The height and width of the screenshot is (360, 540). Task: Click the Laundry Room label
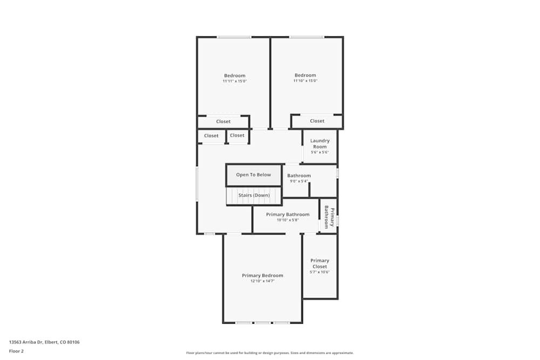[320, 144]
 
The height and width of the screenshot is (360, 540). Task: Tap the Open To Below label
[253, 175]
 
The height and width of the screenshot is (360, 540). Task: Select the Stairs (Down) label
[254, 195]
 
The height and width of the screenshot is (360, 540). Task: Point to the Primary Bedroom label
[262, 275]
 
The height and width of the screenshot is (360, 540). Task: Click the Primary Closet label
[320, 263]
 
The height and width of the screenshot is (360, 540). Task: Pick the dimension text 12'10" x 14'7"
[262, 281]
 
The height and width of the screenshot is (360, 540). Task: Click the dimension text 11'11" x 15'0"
[234, 81]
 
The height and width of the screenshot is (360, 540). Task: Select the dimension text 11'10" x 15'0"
[305, 81]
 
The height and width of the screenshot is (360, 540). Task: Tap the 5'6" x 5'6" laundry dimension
[320, 152]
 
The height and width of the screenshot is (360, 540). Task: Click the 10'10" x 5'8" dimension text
[287, 220]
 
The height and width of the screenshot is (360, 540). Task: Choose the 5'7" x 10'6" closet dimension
[320, 272]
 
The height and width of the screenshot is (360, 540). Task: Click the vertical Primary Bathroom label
[329, 217]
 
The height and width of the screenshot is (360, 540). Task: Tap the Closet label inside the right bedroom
[317, 121]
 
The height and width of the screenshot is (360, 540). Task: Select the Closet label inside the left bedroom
[223, 121]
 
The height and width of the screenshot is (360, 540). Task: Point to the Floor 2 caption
[16, 351]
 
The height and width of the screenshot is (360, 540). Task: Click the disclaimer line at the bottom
[270, 353]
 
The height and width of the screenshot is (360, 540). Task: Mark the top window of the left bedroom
[234, 37]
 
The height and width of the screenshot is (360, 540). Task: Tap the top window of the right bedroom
[306, 37]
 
